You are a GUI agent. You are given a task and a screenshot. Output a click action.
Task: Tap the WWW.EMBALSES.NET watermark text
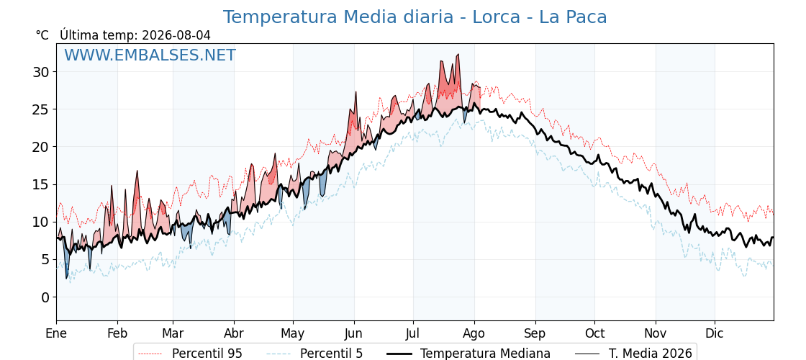pyautogui.click(x=150, y=55)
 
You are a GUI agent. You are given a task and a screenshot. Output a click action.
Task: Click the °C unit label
pyautogui.click(x=42, y=35)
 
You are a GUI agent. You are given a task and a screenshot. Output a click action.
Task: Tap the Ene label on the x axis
pyautogui.click(x=56, y=333)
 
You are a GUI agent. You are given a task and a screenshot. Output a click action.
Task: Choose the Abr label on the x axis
pyautogui.click(x=234, y=333)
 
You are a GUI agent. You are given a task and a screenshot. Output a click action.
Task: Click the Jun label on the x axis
pyautogui.click(x=354, y=333)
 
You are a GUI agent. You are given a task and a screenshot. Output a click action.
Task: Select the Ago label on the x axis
pyautogui.click(x=474, y=333)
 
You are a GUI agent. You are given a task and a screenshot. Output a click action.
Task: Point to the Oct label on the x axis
pyautogui.click(x=594, y=333)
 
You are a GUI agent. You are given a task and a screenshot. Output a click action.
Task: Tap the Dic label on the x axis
pyautogui.click(x=715, y=333)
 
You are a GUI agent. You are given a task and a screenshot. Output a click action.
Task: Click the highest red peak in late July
pyautogui.click(x=458, y=54)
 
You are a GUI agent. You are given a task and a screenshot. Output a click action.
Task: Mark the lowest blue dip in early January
pyautogui.click(x=66, y=278)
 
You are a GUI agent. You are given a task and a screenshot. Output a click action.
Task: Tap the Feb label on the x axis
pyautogui.click(x=117, y=333)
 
